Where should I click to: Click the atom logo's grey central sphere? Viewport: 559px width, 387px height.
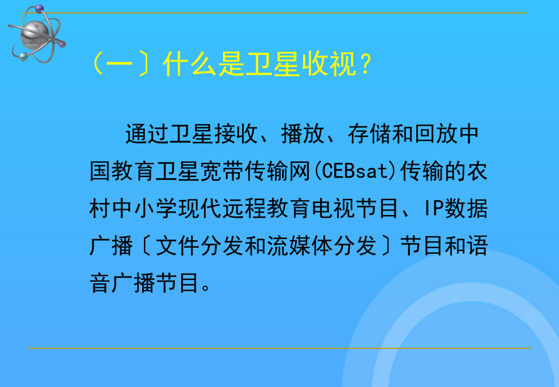tap(34, 34)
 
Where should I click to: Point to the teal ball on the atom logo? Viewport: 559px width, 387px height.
tap(23, 56)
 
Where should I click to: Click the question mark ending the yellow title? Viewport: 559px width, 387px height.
tap(366, 64)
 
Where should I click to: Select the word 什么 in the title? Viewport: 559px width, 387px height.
tap(190, 64)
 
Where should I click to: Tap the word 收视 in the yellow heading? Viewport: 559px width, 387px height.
tap(329, 64)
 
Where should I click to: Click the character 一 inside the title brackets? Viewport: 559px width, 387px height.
tap(119, 65)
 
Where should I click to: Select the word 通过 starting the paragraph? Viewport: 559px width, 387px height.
tap(147, 134)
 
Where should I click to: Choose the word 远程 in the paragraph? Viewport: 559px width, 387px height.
tap(244, 209)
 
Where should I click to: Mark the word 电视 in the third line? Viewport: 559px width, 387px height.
tap(333, 209)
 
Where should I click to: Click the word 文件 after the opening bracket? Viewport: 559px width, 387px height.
tap(178, 246)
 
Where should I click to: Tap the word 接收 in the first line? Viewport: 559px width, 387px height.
tap(236, 134)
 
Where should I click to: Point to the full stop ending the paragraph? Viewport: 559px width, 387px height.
tap(206, 287)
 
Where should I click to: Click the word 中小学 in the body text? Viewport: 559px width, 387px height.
tap(144, 209)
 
